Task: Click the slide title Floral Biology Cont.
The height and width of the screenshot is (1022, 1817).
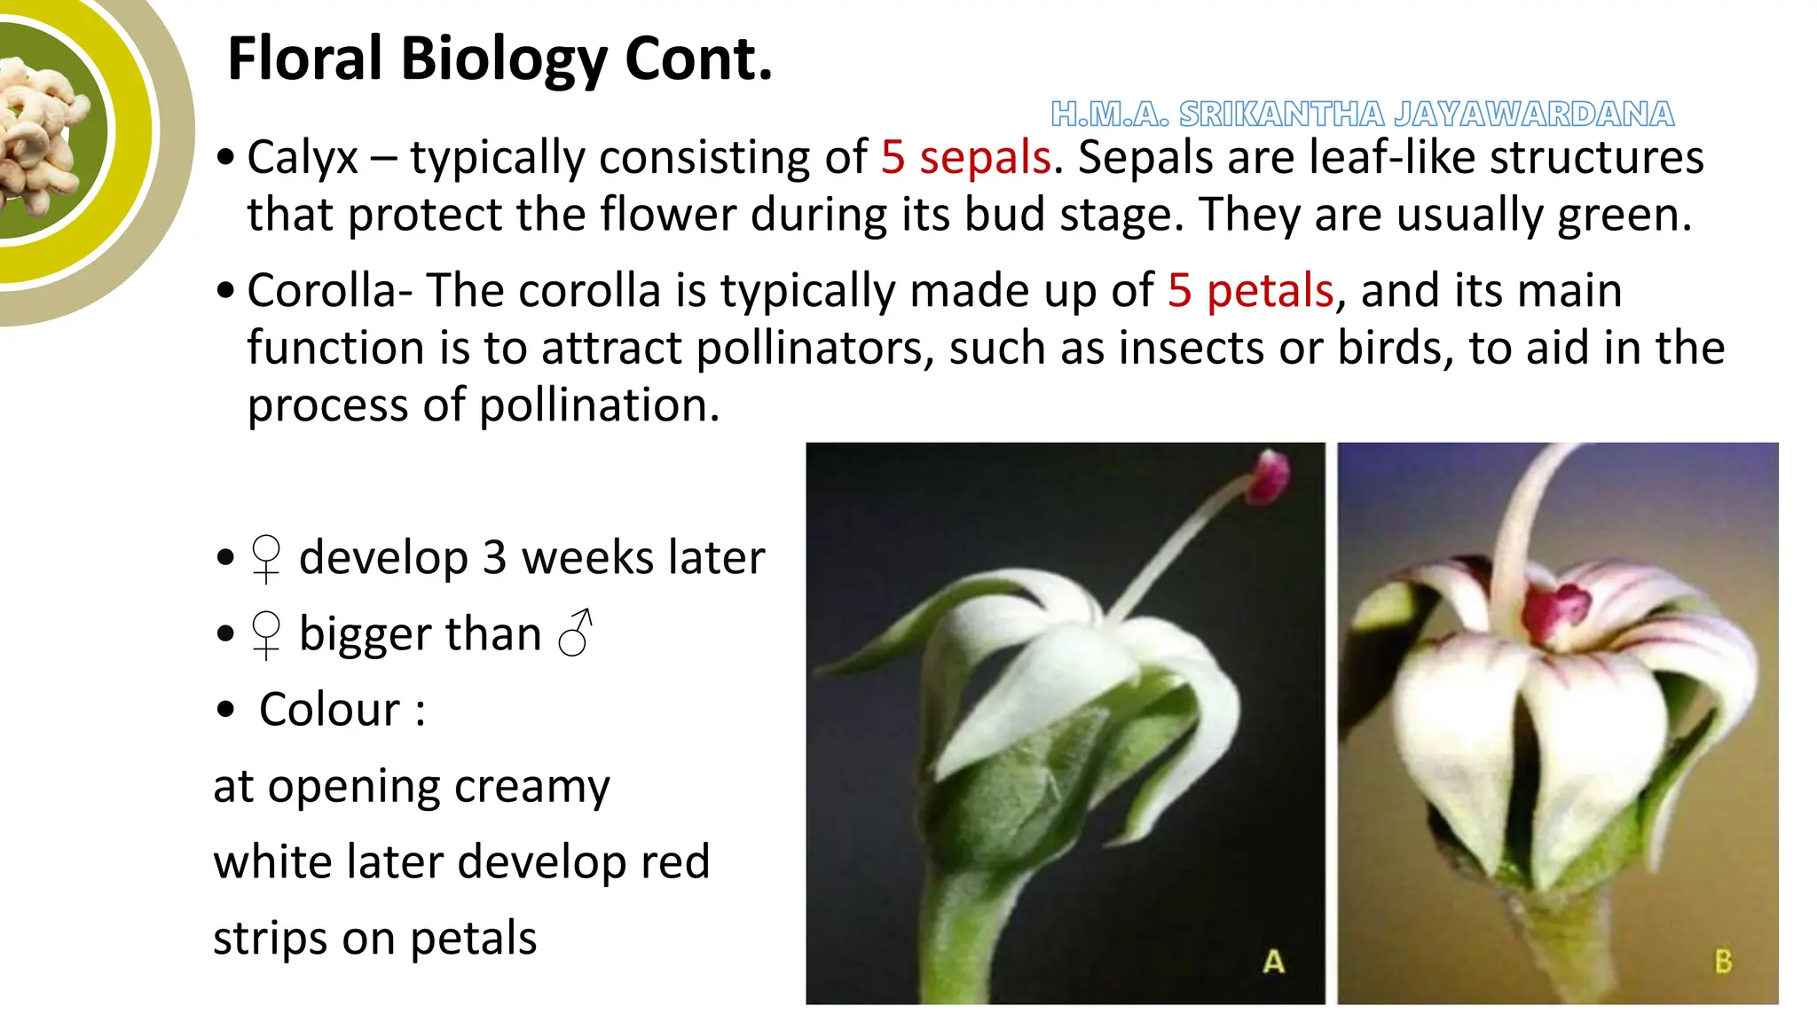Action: tap(499, 59)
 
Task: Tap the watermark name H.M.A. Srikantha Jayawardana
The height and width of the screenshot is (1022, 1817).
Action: tap(1362, 114)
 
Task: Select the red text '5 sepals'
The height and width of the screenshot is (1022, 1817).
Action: tap(966, 158)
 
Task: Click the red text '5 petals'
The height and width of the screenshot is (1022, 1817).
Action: tap(1251, 291)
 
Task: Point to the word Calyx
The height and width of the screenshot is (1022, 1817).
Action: tap(302, 158)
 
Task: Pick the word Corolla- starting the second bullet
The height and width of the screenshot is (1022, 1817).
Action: tap(329, 291)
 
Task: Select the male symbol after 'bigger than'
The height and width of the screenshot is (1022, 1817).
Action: tap(576, 633)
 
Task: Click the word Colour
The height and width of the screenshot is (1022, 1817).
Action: tap(330, 710)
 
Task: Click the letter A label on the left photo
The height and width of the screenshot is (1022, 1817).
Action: tap(1273, 962)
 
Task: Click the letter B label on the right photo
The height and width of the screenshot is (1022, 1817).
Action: tap(1723, 962)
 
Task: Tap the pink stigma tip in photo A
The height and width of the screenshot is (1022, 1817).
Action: tap(1270, 476)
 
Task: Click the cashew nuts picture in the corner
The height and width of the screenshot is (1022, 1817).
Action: tap(40, 133)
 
